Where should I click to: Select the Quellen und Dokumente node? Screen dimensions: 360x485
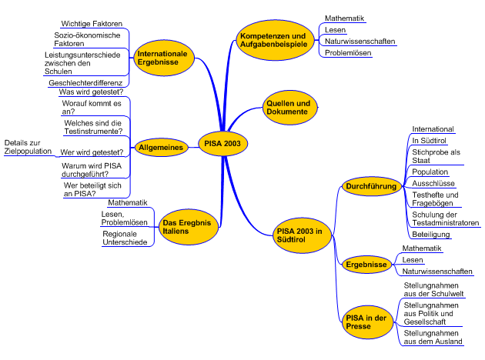(x=288, y=108)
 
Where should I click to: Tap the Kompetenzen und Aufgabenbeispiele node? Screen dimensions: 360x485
(x=273, y=40)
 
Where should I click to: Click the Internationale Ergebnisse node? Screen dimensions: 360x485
(x=163, y=59)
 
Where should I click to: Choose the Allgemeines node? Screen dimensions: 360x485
(x=160, y=147)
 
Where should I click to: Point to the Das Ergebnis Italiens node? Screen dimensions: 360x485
(x=185, y=226)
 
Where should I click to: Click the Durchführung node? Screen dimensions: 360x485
(x=371, y=186)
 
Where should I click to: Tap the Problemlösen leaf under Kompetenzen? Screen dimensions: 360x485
(x=347, y=53)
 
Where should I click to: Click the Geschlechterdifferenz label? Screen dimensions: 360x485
(x=85, y=82)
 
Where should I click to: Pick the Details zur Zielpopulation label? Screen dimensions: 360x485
(x=28, y=147)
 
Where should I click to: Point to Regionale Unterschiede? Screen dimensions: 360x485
(x=125, y=238)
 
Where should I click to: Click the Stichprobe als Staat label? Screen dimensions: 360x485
(x=436, y=156)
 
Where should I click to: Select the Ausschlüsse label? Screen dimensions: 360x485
(x=433, y=184)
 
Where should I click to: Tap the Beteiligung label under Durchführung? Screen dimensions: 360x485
(x=431, y=233)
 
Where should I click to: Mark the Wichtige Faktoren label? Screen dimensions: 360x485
(x=91, y=24)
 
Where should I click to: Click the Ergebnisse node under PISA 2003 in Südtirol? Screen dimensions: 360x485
(x=366, y=265)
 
